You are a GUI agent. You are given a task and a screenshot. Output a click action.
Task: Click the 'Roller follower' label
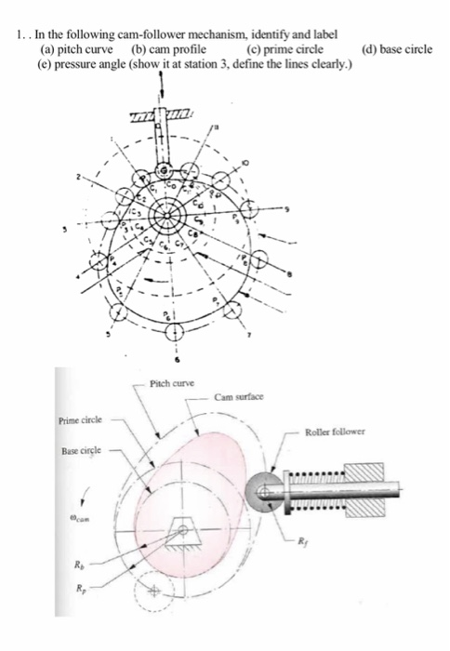click(x=338, y=432)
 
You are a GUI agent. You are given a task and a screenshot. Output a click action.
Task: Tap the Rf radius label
click(x=327, y=540)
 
